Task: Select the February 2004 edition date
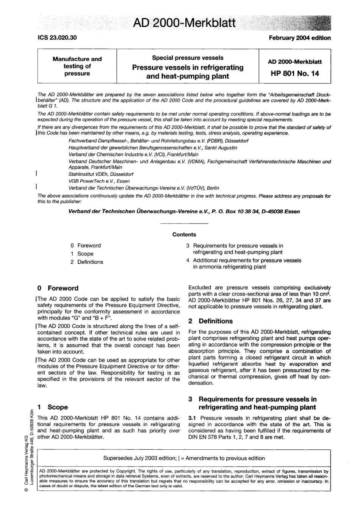tap(299, 38)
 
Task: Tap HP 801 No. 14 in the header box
tap(295, 74)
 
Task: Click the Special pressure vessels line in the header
tap(188, 58)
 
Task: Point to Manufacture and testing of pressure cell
tap(77, 66)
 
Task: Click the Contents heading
tap(184, 235)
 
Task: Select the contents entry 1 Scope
tap(82, 254)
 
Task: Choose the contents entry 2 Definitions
tap(87, 262)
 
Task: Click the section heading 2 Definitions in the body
tap(211, 321)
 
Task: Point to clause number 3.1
tap(192, 418)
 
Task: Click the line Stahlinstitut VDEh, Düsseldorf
tap(100, 174)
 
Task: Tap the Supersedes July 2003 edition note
tap(184, 458)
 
